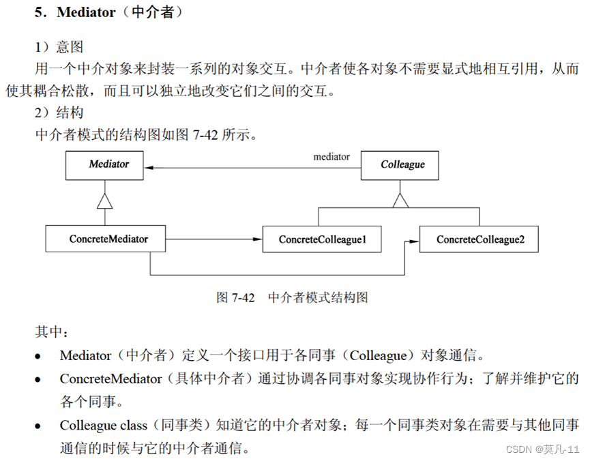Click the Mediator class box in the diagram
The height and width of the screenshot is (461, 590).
[104, 165]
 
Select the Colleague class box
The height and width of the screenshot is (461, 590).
[399, 165]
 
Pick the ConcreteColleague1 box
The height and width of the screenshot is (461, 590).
[323, 239]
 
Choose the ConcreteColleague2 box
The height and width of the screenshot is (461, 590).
[480, 239]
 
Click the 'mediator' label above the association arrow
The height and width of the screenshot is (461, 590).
[331, 157]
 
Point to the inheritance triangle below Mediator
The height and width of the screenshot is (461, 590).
[104, 199]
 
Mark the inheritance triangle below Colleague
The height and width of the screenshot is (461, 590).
[399, 199]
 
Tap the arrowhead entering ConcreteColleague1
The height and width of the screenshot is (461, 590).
[258, 239]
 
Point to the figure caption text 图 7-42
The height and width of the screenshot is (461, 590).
[235, 297]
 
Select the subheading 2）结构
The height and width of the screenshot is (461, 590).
[59, 111]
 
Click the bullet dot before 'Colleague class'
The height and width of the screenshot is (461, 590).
[38, 426]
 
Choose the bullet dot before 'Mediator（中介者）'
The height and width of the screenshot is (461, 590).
[38, 356]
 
